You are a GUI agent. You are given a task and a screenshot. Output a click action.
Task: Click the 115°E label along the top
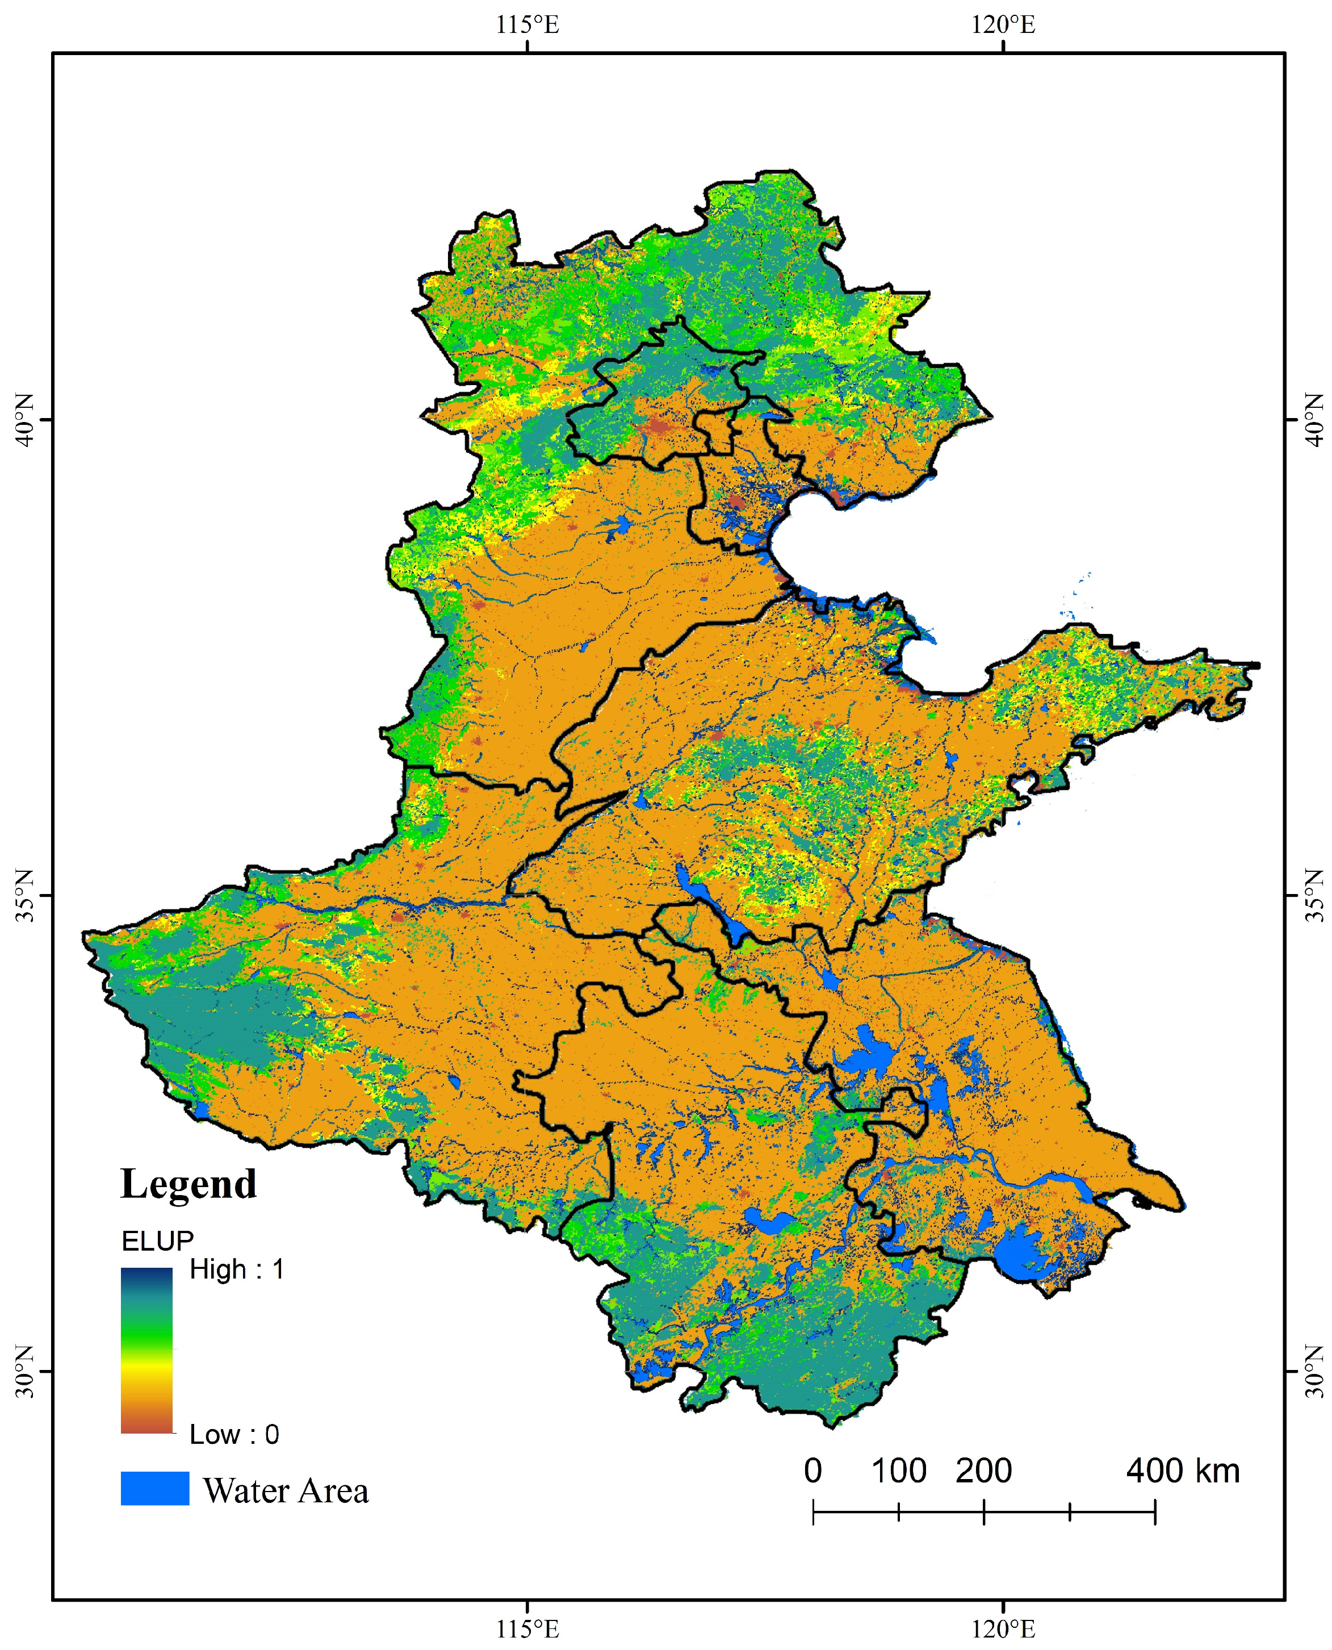[528, 26]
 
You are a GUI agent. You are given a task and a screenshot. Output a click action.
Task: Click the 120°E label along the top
[1004, 26]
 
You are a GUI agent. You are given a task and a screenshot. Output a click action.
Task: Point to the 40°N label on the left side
[26, 420]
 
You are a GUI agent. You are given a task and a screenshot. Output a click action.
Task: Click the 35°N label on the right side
[1314, 895]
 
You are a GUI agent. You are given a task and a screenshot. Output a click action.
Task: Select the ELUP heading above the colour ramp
[157, 1240]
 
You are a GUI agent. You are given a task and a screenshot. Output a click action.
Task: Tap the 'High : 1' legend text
[237, 1270]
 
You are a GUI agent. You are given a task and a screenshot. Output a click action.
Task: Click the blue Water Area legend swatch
[154, 1488]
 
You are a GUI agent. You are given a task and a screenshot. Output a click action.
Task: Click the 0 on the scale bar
[812, 1471]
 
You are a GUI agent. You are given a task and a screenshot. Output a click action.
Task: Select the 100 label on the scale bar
[898, 1471]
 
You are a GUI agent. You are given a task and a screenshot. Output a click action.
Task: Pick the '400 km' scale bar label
[1182, 1471]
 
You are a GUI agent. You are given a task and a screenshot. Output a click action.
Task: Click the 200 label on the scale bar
[983, 1471]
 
